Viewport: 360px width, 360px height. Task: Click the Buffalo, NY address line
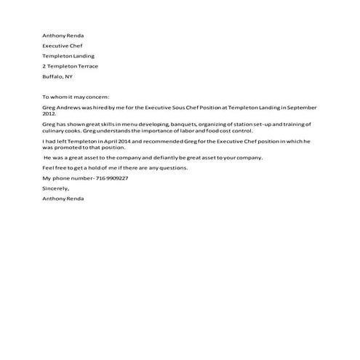[x=57, y=76]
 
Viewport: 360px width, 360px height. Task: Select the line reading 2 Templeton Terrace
[x=70, y=66]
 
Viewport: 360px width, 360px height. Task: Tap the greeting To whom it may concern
[x=75, y=97]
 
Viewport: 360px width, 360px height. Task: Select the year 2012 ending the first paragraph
[x=49, y=113]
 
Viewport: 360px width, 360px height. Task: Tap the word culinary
[x=54, y=131]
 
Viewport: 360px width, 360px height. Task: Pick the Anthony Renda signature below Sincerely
[x=63, y=199]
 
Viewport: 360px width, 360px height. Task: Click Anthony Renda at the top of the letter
[x=63, y=35]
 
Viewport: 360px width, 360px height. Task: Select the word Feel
[x=49, y=168]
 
